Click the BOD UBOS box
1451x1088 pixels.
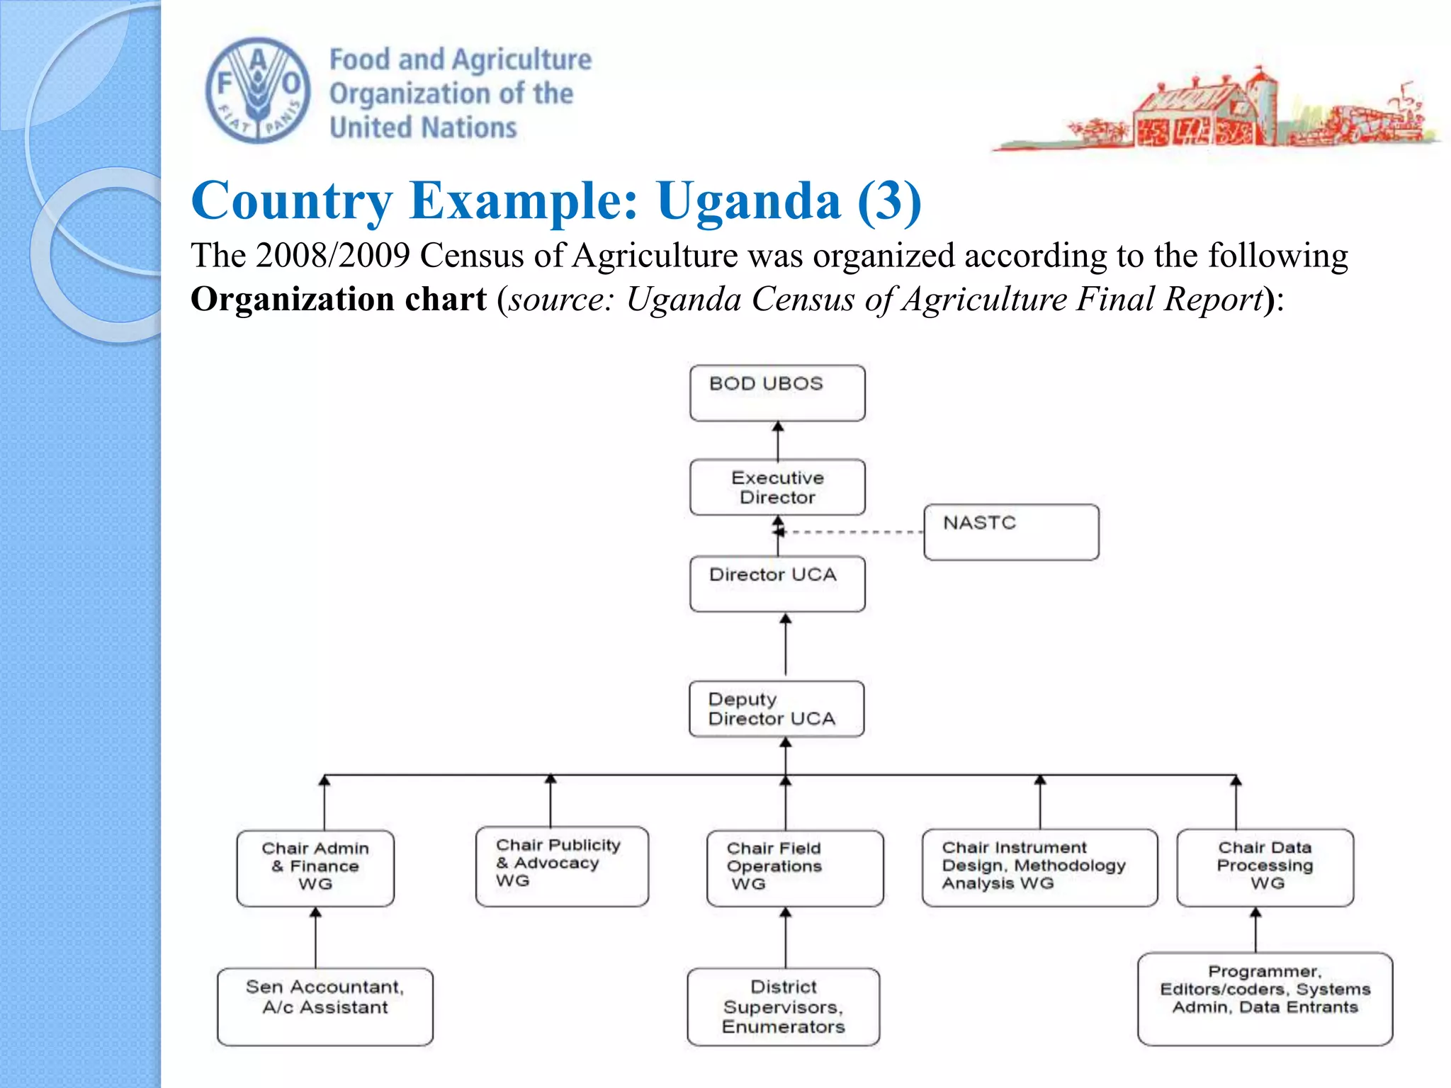point(777,393)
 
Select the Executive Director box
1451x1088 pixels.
point(777,487)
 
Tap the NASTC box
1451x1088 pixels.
point(1011,532)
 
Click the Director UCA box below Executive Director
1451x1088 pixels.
point(777,584)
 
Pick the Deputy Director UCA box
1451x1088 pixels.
point(777,709)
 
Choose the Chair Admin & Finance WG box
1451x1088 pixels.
point(315,868)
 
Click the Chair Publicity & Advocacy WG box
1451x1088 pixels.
point(562,866)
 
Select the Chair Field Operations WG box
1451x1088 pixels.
point(795,868)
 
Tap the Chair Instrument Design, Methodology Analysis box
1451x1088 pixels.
point(1039,867)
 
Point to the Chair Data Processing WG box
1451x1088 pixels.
point(1265,867)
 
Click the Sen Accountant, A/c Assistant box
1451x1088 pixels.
point(325,1006)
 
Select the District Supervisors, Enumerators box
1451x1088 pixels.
point(784,1007)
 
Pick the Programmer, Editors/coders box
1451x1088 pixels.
point(1265,999)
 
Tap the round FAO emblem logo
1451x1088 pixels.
point(258,91)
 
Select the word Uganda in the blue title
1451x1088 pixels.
point(749,201)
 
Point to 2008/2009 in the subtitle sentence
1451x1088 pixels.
point(333,256)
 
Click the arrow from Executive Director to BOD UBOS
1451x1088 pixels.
point(778,441)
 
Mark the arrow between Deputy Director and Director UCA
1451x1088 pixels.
point(786,645)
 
